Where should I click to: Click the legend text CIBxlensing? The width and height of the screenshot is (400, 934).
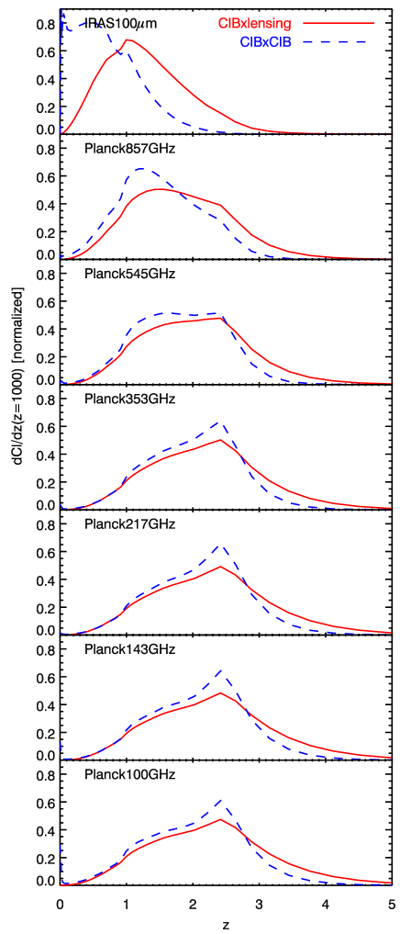click(254, 23)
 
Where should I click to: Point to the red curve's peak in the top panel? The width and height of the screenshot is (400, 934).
click(127, 39)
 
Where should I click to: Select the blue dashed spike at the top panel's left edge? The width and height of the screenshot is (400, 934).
click(61, 13)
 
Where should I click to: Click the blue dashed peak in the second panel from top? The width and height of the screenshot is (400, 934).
click(141, 169)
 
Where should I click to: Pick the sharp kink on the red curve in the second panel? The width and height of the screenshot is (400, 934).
click(221, 206)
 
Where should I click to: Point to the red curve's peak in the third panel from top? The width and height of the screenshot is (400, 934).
click(221, 318)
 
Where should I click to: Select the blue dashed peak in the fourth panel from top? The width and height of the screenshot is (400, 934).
click(220, 422)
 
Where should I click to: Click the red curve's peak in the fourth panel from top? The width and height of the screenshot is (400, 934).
click(220, 440)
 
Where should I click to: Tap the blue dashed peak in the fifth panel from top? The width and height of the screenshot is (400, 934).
click(220, 545)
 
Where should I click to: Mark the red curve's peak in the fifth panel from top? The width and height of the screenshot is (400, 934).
click(220, 566)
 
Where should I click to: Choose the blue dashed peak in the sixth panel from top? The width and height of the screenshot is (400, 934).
click(220, 670)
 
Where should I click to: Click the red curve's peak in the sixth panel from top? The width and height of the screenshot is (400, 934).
click(220, 692)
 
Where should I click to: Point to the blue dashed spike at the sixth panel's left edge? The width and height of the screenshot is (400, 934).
click(61, 742)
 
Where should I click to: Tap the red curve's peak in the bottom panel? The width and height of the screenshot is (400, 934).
click(220, 817)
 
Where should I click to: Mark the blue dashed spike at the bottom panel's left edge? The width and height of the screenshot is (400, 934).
click(61, 845)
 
